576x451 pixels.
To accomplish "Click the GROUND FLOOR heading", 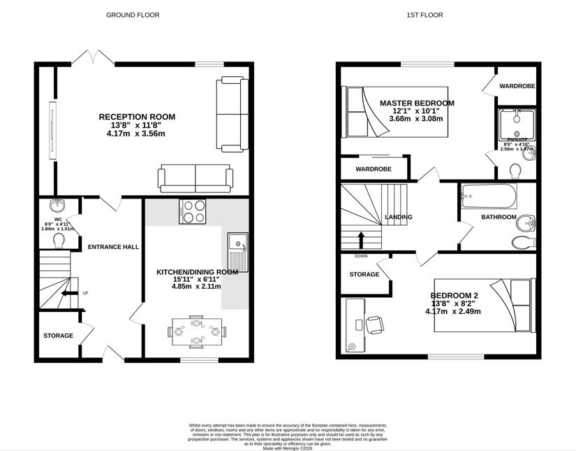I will coord(133,15).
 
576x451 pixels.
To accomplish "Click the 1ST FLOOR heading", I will coord(425,15).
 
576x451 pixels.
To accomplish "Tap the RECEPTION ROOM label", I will coord(137,117).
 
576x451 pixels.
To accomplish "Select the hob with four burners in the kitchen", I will coord(193,211).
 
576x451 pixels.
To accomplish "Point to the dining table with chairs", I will coord(197,331).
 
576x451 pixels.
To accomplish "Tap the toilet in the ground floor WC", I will coord(59,241).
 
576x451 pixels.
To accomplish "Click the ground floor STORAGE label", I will coord(58,336).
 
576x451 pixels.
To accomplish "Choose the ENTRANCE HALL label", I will coord(113,247).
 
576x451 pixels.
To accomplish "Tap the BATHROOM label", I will coord(499,217).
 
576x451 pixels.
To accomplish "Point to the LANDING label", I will coord(399,217).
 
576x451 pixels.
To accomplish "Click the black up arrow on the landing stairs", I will coord(361,240).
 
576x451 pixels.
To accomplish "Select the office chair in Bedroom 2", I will coord(374,324).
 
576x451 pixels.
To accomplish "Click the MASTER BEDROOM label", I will coord(417,103).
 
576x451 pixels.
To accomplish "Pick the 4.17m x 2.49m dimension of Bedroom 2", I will coord(452,312).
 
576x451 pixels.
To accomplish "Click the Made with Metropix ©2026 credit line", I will coord(287,448).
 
